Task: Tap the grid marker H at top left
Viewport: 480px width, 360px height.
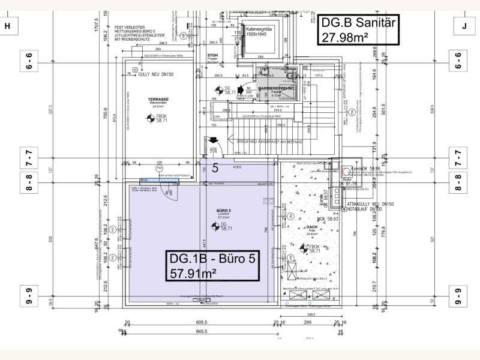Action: (x=8, y=26)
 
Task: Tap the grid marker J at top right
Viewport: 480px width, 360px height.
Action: (x=464, y=26)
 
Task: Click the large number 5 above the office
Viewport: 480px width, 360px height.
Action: (x=214, y=169)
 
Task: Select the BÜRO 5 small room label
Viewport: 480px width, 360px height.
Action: (x=224, y=211)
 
